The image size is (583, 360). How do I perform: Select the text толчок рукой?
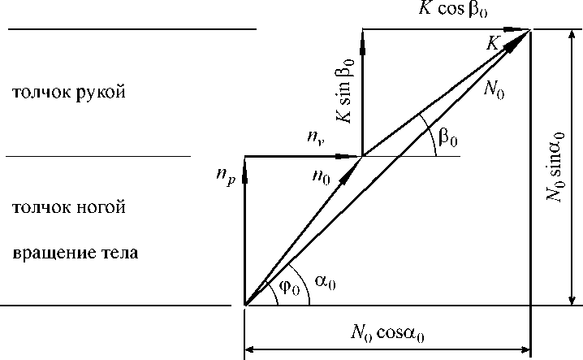(67, 92)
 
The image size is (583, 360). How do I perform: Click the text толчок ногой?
(67, 208)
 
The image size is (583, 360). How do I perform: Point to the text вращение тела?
(75, 253)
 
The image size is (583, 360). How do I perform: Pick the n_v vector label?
(317, 140)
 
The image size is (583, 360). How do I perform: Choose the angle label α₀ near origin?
(326, 280)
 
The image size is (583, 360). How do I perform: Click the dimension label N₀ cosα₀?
(388, 332)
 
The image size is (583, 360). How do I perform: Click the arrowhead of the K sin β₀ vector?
(362, 38)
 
